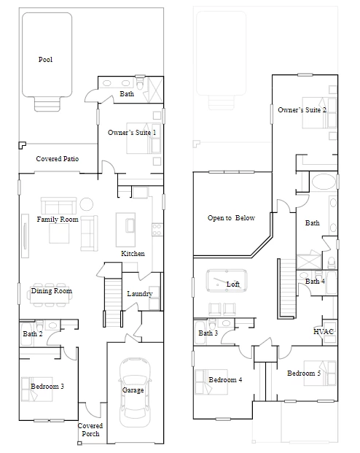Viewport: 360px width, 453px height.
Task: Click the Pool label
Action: pos(45,60)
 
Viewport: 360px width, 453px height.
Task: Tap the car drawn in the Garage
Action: pos(135,392)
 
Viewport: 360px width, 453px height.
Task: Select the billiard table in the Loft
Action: pos(227,281)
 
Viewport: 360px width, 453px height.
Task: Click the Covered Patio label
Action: pos(57,158)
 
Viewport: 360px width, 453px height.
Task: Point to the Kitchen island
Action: pos(125,230)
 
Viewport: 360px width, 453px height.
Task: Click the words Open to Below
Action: pos(231,218)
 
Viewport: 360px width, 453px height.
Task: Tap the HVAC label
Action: pos(324,331)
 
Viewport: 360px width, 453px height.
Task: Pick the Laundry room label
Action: pos(140,294)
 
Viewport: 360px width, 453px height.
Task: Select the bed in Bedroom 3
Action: pos(36,389)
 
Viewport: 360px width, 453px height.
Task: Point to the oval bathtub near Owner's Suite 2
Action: pos(324,182)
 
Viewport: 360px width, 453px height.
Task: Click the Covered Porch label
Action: pos(90,430)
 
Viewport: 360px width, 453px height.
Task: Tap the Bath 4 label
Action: pos(315,281)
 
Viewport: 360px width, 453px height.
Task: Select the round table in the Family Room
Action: pos(86,204)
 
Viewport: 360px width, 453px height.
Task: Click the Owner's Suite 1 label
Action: pos(132,133)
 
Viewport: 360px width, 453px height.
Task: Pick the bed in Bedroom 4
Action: pos(211,382)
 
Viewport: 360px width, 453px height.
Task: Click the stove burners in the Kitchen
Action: pos(157,230)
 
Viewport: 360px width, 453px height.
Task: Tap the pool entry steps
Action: pos(47,104)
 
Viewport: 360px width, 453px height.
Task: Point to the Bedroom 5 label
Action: pos(304,373)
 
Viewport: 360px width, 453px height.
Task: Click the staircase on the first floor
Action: pos(112,302)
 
